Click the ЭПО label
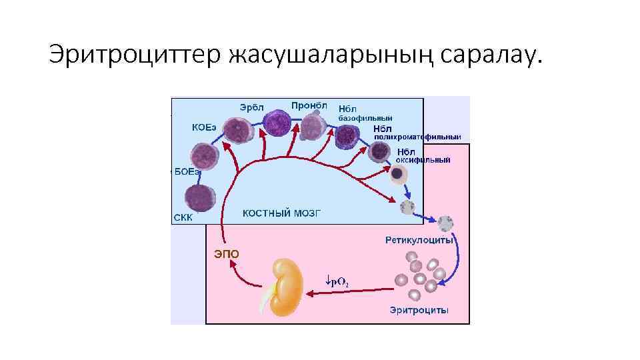(225, 253)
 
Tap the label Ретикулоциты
(418, 239)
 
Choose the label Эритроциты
(419, 310)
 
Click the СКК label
(183, 218)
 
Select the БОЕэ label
(187, 171)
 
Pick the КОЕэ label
(204, 127)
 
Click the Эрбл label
(252, 107)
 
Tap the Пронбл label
(309, 105)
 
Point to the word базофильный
(365, 118)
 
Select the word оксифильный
(423, 160)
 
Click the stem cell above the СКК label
(199, 198)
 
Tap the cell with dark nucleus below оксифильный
(398, 175)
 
